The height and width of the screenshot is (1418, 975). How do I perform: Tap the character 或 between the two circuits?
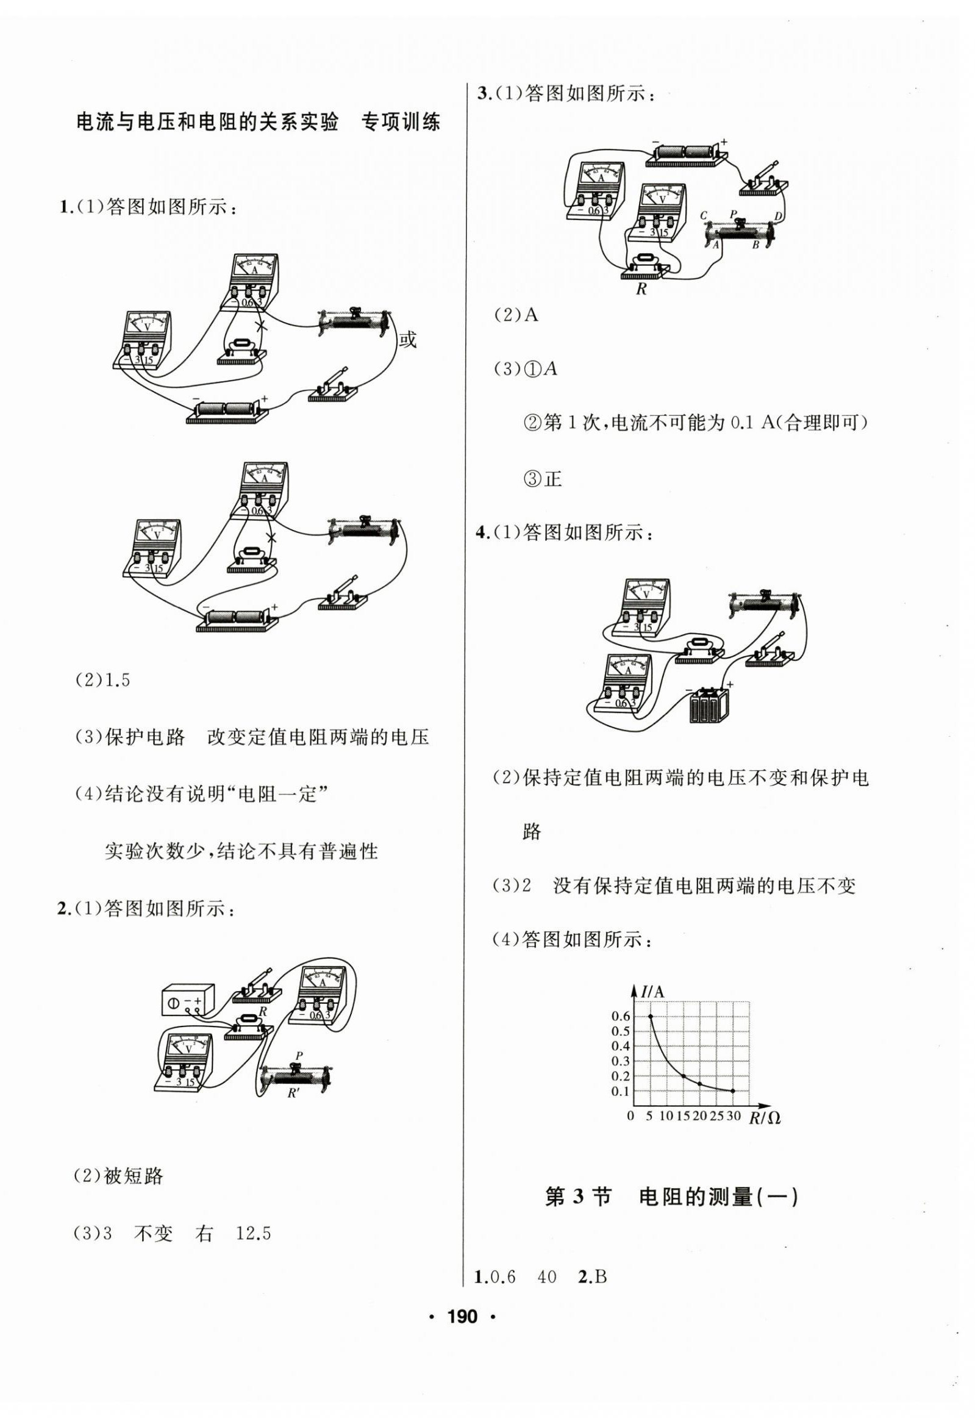click(x=407, y=339)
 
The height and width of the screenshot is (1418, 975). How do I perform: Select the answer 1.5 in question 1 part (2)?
click(x=118, y=681)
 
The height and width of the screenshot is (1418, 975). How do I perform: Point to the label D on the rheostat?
click(x=777, y=216)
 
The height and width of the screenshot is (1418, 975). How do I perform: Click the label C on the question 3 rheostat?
click(x=704, y=215)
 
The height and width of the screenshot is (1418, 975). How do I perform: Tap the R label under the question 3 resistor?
click(x=641, y=290)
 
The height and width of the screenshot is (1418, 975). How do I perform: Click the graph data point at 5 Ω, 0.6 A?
click(x=650, y=1015)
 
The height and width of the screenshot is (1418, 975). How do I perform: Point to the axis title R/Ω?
click(x=765, y=1118)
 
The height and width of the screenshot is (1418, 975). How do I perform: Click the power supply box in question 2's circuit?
click(x=188, y=1000)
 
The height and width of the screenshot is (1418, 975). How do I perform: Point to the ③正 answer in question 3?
click(x=543, y=478)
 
